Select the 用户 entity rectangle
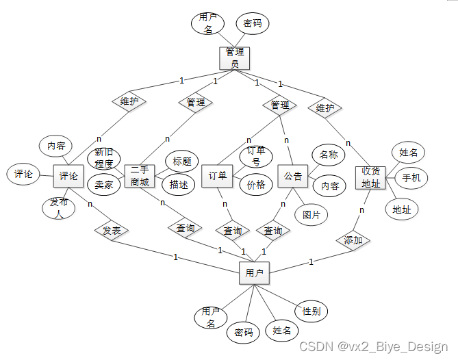click(x=253, y=272)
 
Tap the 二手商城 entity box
click(x=140, y=176)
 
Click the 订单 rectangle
click(x=217, y=176)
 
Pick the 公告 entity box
click(x=293, y=176)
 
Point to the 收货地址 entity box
click(x=370, y=177)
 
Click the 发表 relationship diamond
click(x=112, y=231)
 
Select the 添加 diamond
click(x=353, y=240)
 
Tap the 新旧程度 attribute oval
click(x=104, y=158)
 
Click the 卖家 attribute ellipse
click(x=104, y=183)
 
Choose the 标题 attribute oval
click(x=181, y=162)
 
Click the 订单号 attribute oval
click(x=255, y=155)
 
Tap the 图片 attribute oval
click(x=311, y=214)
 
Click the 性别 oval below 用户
click(x=311, y=311)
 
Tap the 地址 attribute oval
click(x=402, y=209)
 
